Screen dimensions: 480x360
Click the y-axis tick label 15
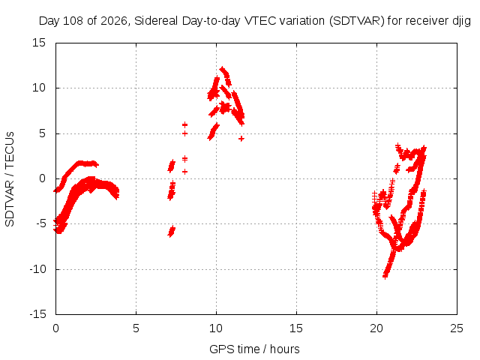[39, 43]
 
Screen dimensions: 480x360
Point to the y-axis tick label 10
[39, 88]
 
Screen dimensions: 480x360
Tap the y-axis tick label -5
[40, 223]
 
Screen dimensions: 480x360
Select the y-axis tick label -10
[37, 269]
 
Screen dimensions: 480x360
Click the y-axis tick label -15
[37, 314]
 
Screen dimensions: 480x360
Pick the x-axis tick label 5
[136, 328]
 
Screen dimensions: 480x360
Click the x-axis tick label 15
[296, 328]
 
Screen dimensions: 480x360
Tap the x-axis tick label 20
[376, 328]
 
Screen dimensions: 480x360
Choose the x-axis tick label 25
[457, 328]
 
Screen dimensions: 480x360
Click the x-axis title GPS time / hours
[254, 349]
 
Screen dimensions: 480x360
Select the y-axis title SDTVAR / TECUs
[10, 179]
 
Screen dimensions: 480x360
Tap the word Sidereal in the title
[156, 21]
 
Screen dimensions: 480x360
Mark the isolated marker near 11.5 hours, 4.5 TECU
[241, 139]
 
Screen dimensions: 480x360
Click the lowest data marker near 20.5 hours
[385, 277]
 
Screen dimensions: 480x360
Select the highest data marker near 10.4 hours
[222, 69]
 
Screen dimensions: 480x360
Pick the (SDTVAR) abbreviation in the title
[357, 21]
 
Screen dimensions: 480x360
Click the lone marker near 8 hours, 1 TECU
[184, 172]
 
